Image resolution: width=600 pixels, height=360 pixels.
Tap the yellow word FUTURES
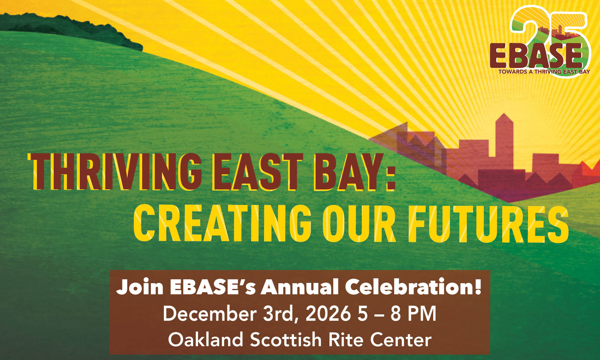click(x=488, y=223)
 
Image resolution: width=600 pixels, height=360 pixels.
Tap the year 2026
click(x=328, y=314)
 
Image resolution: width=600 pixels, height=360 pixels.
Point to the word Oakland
click(x=206, y=339)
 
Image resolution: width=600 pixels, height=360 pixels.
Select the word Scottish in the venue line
click(x=286, y=339)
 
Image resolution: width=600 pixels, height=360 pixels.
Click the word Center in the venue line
click(x=401, y=339)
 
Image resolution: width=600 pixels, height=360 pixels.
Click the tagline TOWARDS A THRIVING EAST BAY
click(x=544, y=72)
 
